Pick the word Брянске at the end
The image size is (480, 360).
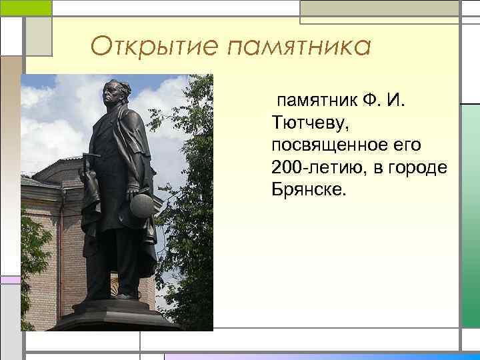tap(309, 189)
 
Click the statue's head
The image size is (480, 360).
tap(114, 93)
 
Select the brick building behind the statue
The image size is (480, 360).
tap(50, 220)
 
